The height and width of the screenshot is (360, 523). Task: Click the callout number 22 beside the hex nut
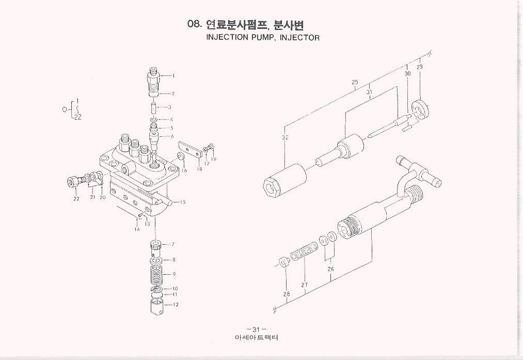tap(76, 199)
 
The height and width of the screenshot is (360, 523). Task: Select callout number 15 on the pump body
tap(182, 202)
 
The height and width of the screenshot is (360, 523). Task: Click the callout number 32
tap(285, 137)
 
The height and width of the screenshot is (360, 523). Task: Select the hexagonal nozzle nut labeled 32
tap(284, 180)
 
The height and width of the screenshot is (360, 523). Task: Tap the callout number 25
tap(355, 82)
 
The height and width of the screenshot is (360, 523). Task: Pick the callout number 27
tap(305, 285)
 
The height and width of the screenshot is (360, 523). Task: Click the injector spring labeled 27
tap(303, 255)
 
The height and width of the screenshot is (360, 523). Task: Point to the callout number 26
tap(330, 269)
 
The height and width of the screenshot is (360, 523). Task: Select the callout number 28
tap(287, 294)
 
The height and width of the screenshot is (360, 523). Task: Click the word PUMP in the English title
tap(264, 38)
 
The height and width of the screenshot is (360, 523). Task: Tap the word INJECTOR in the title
tap(299, 38)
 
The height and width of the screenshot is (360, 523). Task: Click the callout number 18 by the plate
tap(199, 169)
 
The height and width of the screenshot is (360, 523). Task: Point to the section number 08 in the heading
tap(194, 24)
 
